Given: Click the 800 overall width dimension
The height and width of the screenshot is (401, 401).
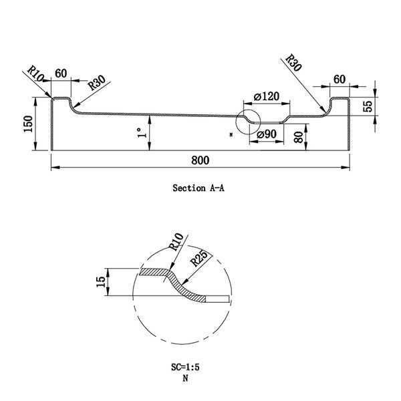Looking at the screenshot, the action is (x=200, y=160).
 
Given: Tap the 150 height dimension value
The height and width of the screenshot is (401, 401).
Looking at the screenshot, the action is (x=28, y=124).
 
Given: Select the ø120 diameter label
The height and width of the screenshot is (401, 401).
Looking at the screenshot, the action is (x=267, y=97).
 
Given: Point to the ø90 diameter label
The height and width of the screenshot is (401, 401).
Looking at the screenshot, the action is (x=267, y=134).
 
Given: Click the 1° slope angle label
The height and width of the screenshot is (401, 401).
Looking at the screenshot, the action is (x=142, y=133).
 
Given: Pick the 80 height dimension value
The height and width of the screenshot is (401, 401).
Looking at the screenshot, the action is (x=299, y=137).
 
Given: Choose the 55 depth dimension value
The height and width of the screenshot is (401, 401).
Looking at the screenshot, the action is (x=368, y=106).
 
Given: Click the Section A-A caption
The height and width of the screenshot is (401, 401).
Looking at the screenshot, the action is (x=198, y=188).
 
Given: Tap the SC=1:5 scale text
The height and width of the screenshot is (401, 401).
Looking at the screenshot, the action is (x=185, y=367).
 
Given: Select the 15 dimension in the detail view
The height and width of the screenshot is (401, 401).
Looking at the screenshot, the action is (x=101, y=281).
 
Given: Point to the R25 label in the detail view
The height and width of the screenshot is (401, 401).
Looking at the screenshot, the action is (x=199, y=258).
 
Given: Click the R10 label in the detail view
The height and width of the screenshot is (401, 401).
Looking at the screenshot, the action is (x=176, y=242).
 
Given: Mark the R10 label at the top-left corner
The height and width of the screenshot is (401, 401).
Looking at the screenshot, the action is (x=36, y=74).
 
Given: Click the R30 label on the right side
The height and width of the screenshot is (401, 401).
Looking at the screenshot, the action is (x=293, y=63).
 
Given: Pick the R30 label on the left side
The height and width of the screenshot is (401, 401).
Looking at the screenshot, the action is (x=97, y=83).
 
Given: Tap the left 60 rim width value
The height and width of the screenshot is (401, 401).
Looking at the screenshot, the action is (x=61, y=74).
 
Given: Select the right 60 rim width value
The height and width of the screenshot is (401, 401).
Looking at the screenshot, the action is (x=340, y=80).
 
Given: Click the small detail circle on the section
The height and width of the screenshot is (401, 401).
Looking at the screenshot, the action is (x=248, y=110).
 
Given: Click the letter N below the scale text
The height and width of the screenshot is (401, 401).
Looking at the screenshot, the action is (x=185, y=378).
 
